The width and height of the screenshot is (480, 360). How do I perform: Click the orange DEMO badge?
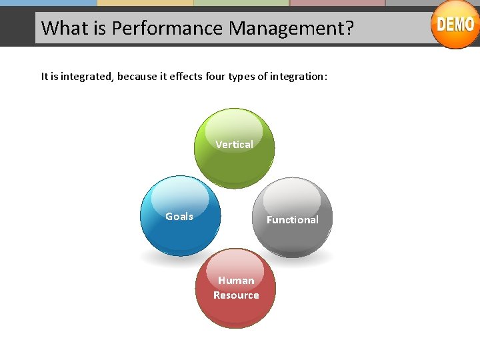point(455,24)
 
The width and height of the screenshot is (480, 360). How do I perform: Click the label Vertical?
point(234,144)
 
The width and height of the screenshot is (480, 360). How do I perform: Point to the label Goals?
point(179,216)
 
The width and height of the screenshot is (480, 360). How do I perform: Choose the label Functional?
point(292,219)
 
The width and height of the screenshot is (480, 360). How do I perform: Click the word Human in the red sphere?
point(236,280)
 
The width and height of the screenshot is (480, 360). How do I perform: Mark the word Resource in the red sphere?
point(236,295)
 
